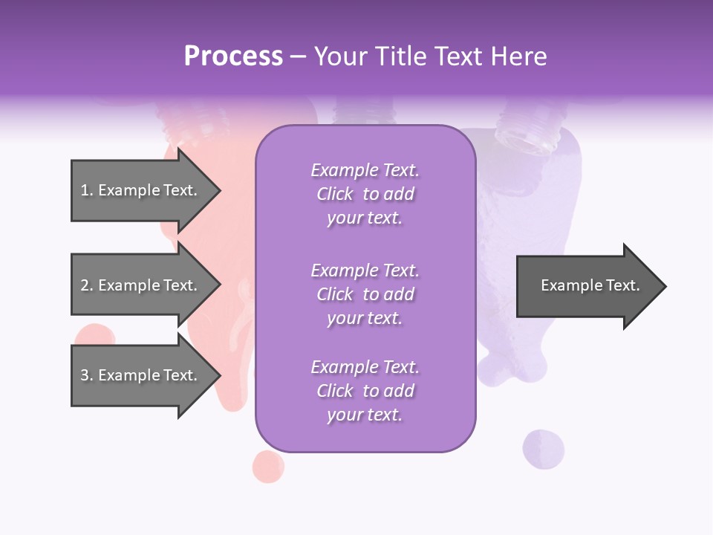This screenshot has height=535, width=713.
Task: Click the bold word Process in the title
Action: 233,56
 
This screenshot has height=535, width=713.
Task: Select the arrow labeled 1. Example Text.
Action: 141,191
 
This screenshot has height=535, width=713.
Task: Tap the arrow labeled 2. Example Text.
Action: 141,285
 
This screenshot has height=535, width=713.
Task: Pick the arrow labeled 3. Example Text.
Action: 141,375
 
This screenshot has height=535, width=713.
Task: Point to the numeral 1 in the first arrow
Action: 85,190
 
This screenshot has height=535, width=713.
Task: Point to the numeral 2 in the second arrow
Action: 85,285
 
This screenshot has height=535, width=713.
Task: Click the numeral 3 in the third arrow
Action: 85,375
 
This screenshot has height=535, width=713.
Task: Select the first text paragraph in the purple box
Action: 365,194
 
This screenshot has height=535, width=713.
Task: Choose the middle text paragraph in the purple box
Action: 365,294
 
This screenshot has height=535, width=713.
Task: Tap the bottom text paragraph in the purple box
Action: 365,391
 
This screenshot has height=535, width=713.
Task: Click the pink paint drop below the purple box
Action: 268,466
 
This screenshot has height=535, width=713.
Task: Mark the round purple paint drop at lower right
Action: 543,449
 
